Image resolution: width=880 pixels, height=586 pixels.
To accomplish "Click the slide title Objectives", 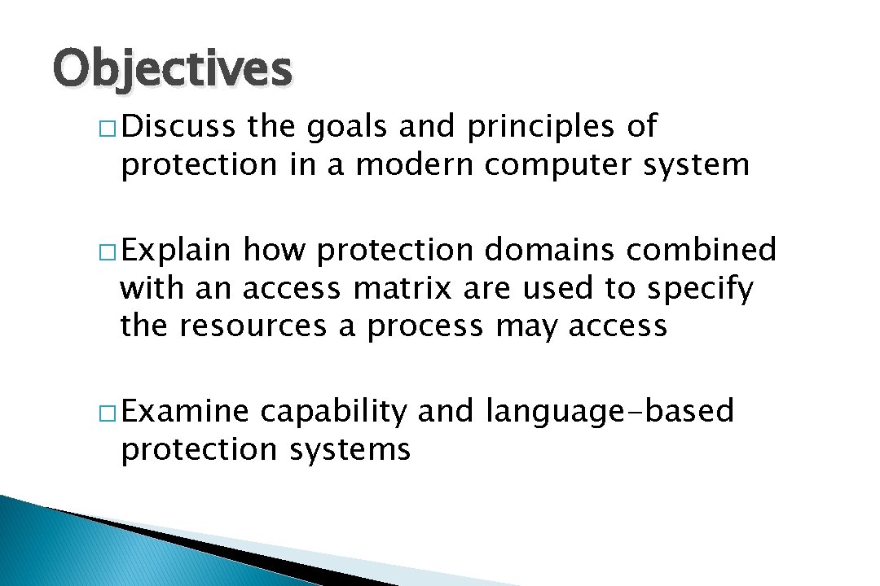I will point(172,68).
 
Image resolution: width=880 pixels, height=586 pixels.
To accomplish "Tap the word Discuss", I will point(178,127).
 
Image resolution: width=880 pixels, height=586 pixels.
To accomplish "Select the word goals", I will point(339,127).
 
